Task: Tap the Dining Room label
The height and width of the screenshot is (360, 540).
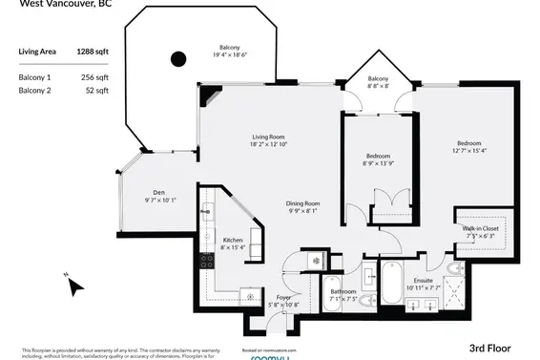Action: [302, 203]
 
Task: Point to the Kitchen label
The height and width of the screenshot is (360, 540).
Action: [233, 240]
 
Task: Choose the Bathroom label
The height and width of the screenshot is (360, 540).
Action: [343, 291]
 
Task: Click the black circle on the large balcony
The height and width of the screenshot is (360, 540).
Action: [177, 59]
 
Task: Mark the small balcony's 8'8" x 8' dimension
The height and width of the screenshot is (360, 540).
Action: [379, 86]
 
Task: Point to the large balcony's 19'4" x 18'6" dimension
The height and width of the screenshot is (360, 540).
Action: [229, 55]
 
